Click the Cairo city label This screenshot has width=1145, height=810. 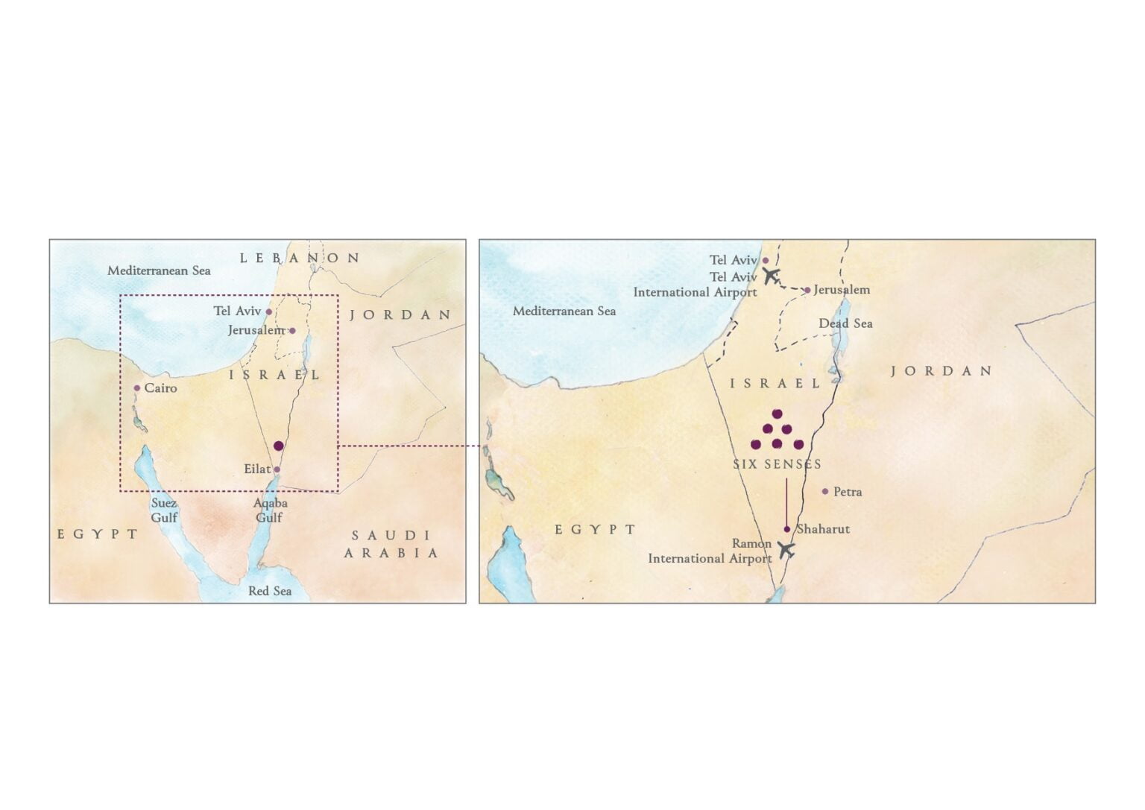pos(160,388)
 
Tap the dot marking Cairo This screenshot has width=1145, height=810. pos(137,388)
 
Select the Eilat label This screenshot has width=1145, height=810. pos(257,469)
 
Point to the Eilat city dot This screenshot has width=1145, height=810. pos(277,469)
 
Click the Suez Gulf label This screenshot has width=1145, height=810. pos(164,510)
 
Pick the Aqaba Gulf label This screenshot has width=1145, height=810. pos(270,510)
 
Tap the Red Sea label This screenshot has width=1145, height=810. pos(270,591)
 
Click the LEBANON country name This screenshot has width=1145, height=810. pos(300,259)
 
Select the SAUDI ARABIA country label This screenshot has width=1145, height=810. pos(391,544)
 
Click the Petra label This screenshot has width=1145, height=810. pos(848,492)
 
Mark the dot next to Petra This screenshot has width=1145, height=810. pos(825,492)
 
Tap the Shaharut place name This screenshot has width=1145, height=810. pos(823,529)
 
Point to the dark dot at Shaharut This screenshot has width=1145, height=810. pos(787,529)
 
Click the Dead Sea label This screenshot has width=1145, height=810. pos(845,323)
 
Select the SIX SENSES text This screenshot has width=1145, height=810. pos(777,464)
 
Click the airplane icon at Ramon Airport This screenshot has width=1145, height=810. pos(785,550)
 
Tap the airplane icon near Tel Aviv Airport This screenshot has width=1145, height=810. pos(771,276)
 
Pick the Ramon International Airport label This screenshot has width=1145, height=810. pos(710,551)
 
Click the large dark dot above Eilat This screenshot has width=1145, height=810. pos(279,446)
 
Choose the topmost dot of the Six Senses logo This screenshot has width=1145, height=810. pos(777,414)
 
